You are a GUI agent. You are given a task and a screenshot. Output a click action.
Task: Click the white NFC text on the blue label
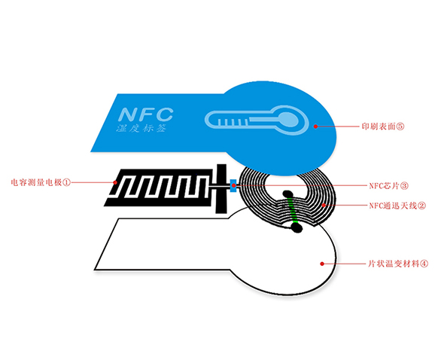point(146,114)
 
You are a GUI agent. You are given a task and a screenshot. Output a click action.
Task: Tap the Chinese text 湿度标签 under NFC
point(141,128)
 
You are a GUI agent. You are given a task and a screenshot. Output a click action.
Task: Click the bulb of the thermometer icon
point(288,119)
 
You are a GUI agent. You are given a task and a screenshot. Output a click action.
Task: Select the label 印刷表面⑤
point(383,127)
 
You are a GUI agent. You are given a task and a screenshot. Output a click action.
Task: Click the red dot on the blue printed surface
point(315,127)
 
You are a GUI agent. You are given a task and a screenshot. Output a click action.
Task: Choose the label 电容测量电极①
point(41,182)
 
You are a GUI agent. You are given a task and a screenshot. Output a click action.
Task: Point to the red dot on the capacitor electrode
point(115,182)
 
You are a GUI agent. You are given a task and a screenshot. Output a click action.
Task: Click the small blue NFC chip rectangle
point(233,185)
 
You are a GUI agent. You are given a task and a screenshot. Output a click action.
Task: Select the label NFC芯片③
point(388,186)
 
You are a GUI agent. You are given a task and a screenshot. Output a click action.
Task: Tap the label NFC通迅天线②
point(397,206)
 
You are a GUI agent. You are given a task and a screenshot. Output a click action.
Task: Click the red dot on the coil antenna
point(324,205)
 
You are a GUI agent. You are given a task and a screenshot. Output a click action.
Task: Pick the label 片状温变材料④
point(398,264)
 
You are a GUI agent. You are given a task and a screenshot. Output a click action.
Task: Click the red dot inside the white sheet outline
point(322,264)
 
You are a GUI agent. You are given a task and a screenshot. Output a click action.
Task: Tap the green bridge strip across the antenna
point(292,210)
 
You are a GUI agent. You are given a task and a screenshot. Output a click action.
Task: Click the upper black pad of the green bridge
point(288,194)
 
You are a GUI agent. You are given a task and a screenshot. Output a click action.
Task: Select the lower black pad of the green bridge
point(297,228)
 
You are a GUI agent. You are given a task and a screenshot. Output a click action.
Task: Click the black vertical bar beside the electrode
point(221,189)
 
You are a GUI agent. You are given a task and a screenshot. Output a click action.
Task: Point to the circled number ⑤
point(400,127)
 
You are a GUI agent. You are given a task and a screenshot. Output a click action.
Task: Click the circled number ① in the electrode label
point(67,182)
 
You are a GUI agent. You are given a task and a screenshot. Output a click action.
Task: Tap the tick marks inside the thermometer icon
point(233,122)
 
